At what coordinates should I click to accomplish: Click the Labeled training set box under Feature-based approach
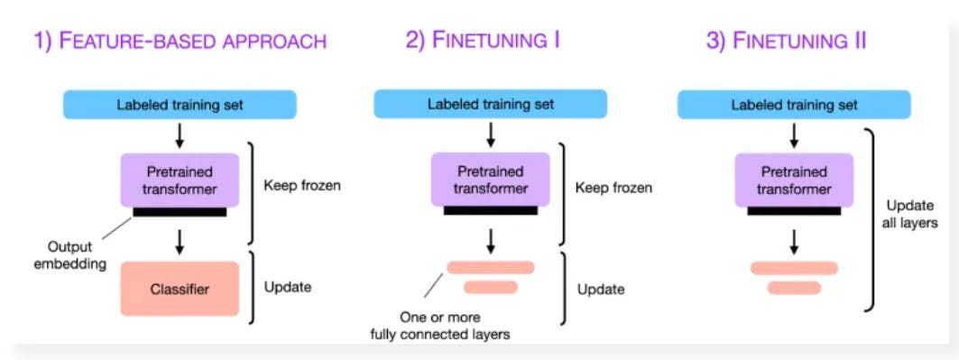pyautogui.click(x=180, y=105)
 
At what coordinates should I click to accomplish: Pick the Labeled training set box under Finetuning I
pyautogui.click(x=490, y=105)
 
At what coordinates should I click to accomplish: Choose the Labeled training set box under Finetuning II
pyautogui.click(x=793, y=105)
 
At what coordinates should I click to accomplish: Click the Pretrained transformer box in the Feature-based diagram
pyautogui.click(x=180, y=179)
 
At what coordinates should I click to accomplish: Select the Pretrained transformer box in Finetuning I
pyautogui.click(x=490, y=179)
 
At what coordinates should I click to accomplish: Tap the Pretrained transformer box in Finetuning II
pyautogui.click(x=793, y=179)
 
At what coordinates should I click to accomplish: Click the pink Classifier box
pyautogui.click(x=180, y=289)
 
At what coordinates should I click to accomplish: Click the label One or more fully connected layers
pyautogui.click(x=440, y=326)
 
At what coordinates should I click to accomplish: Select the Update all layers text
pyautogui.click(x=912, y=213)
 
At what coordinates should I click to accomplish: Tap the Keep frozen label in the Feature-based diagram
pyautogui.click(x=300, y=188)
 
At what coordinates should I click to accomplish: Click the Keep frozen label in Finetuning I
pyautogui.click(x=613, y=189)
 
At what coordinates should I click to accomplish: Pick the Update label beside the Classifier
pyautogui.click(x=288, y=289)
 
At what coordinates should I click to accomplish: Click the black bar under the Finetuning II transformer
pyautogui.click(x=794, y=211)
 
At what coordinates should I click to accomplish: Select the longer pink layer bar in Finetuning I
pyautogui.click(x=490, y=267)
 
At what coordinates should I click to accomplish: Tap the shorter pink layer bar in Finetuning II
pyautogui.click(x=794, y=288)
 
